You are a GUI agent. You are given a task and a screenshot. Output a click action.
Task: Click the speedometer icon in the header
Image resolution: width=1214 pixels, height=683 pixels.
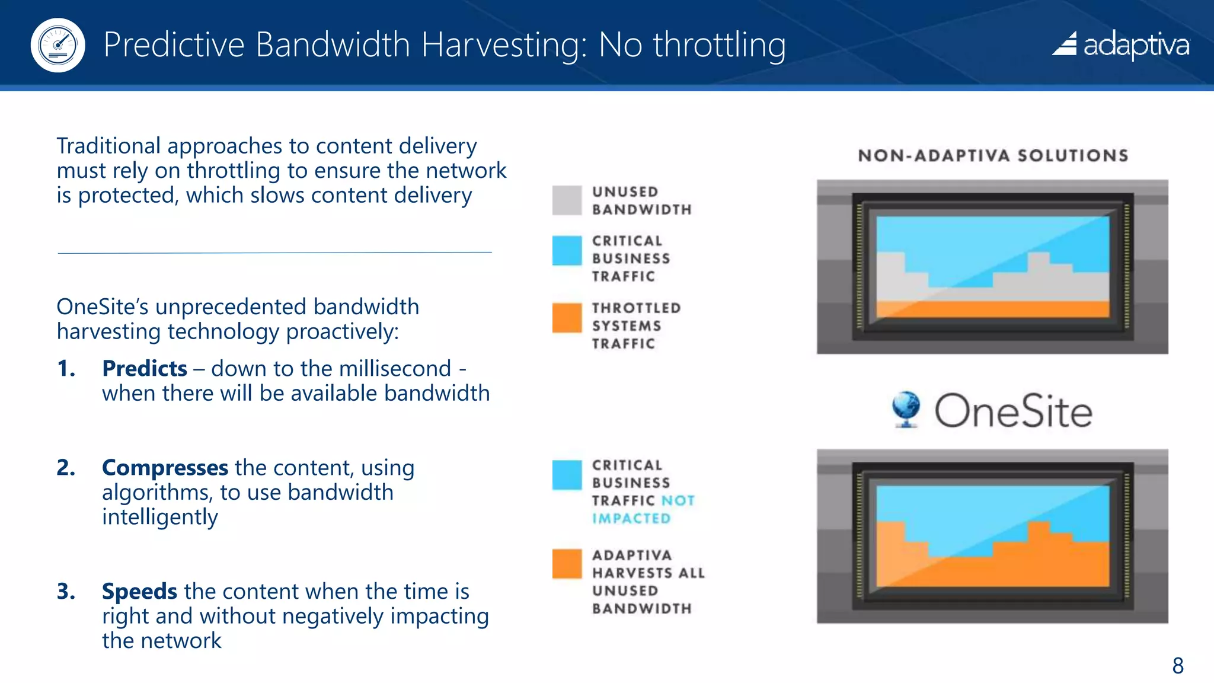click(x=57, y=45)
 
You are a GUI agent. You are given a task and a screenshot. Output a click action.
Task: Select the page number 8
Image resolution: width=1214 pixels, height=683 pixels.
click(x=1177, y=665)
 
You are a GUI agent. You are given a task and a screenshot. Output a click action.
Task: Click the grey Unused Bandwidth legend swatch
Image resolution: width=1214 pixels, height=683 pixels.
click(x=567, y=200)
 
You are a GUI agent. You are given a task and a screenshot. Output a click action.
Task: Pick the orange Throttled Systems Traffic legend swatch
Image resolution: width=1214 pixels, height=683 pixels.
click(x=567, y=318)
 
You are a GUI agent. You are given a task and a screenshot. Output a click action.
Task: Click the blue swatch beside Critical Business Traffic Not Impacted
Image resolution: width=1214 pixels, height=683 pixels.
click(x=567, y=475)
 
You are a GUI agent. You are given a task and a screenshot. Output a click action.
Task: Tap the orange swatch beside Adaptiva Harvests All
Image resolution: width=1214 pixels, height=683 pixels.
click(x=567, y=563)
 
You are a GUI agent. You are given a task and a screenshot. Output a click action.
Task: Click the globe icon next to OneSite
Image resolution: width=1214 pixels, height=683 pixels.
click(x=906, y=408)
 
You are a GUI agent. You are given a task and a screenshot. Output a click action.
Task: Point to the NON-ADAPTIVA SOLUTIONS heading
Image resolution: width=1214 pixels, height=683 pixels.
click(x=993, y=156)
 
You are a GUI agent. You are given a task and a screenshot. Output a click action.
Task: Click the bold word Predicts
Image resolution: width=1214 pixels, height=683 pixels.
click(x=145, y=369)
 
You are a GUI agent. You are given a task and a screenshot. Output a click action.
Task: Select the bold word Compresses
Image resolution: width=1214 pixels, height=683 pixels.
click(x=165, y=468)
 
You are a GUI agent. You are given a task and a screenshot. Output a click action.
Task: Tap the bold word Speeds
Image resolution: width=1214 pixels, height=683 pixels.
click(x=139, y=592)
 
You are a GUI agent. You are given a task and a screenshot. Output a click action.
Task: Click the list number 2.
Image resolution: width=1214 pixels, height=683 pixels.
click(x=66, y=468)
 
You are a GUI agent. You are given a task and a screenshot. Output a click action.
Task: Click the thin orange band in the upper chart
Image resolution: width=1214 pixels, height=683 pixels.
click(x=992, y=309)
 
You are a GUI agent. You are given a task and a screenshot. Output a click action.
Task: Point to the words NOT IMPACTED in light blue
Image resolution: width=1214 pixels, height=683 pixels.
click(x=643, y=510)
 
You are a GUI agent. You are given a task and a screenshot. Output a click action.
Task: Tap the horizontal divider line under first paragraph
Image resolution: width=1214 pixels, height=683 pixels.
click(x=274, y=253)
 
